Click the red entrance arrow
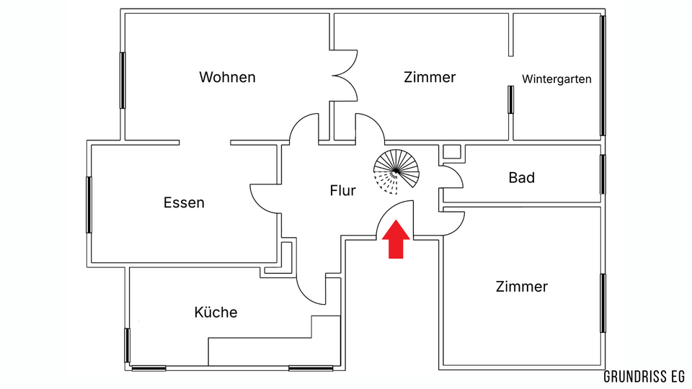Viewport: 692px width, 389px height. pyautogui.click(x=395, y=241)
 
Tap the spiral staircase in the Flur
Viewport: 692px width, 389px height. pyautogui.click(x=396, y=173)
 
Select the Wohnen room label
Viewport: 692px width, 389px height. pyautogui.click(x=228, y=77)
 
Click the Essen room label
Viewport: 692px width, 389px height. pyautogui.click(x=184, y=203)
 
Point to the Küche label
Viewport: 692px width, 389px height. pyautogui.click(x=216, y=313)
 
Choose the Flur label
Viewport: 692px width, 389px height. pyautogui.click(x=343, y=192)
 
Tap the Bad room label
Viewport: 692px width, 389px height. pyautogui.click(x=521, y=177)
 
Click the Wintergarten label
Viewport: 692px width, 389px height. pyautogui.click(x=557, y=79)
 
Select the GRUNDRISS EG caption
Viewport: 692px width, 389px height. pyautogui.click(x=644, y=377)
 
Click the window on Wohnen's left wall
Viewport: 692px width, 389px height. pyautogui.click(x=123, y=80)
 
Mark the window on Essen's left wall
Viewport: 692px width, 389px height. pyautogui.click(x=89, y=205)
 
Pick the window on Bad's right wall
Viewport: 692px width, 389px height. pyautogui.click(x=603, y=174)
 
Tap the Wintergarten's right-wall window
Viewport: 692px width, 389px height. pyautogui.click(x=603, y=76)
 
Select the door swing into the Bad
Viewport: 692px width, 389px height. pyautogui.click(x=452, y=177)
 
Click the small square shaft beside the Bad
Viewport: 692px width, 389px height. pyautogui.click(x=452, y=151)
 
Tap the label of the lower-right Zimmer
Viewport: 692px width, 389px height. pyautogui.click(x=521, y=287)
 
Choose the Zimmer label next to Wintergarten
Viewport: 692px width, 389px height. pyautogui.click(x=430, y=77)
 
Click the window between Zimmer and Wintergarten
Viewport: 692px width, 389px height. pyautogui.click(x=510, y=99)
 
